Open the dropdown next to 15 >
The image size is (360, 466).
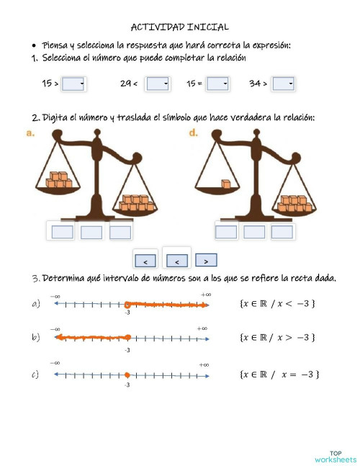tap(74, 84)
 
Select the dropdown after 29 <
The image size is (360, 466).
tap(158, 84)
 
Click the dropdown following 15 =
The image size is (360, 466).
tap(217, 84)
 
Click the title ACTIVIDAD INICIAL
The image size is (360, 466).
tap(180, 27)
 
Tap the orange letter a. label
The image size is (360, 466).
tap(30, 133)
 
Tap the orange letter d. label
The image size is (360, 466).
tap(194, 133)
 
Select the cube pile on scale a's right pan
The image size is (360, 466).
tap(136, 203)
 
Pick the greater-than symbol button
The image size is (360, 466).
tap(206, 261)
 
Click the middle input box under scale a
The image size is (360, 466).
tap(91, 232)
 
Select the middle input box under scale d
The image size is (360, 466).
tap(253, 231)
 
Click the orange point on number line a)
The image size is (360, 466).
tap(127, 305)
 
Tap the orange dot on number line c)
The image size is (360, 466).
tap(127, 375)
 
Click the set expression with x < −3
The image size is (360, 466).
tap(276, 304)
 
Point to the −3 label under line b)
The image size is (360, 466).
tap(127, 350)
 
